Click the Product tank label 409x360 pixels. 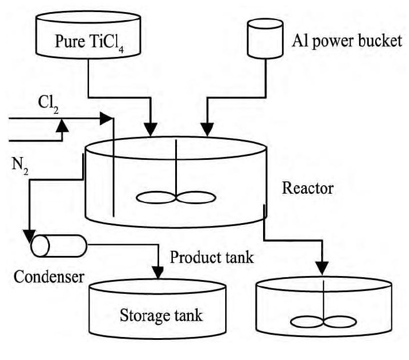tap(211, 258)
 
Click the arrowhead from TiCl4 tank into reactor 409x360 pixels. tap(152, 128)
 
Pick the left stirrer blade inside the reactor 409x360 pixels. tap(155, 197)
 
